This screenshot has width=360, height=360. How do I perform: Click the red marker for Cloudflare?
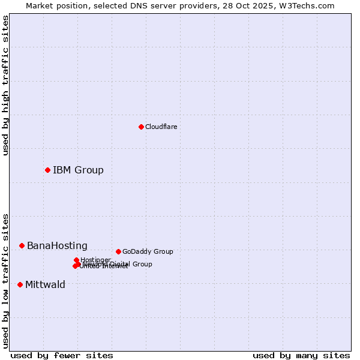[x=141, y=127]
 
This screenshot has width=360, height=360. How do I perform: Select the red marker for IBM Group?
[x=47, y=170]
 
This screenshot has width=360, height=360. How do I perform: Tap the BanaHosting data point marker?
[x=22, y=245]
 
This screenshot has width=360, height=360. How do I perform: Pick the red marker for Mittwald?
[x=20, y=284]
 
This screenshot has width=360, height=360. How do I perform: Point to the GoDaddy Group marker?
[x=118, y=251]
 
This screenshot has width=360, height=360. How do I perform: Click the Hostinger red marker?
[x=77, y=260]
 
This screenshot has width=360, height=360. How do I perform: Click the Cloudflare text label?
[x=161, y=127]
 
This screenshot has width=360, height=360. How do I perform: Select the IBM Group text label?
[x=78, y=170]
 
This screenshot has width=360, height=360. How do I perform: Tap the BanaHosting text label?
[x=57, y=245]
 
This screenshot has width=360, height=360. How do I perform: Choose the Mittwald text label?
[x=45, y=284]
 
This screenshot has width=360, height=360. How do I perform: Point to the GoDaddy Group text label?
[x=148, y=251]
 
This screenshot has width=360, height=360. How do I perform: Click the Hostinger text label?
[x=95, y=260]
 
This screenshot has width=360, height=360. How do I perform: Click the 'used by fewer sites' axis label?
[x=62, y=355]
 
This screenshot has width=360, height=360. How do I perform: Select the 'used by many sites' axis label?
[x=301, y=355]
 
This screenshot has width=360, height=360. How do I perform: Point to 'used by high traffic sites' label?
[x=5, y=85]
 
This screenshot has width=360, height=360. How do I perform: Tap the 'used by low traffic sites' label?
[x=5, y=280]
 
